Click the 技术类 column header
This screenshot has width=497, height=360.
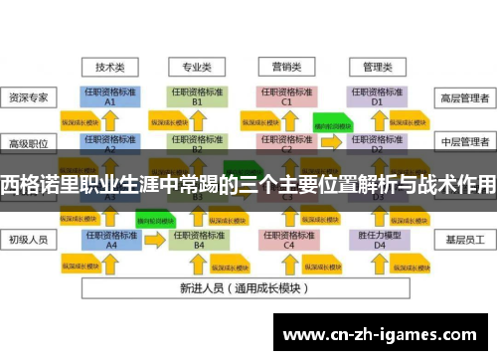click(109, 68)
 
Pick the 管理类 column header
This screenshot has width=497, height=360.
click(377, 68)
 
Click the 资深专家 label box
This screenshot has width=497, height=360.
click(30, 97)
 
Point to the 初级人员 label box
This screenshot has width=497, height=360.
click(30, 240)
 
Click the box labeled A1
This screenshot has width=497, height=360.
click(109, 96)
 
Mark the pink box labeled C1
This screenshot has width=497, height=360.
click(287, 96)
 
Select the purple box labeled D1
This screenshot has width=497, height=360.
click(377, 96)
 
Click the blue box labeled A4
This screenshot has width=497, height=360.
click(109, 240)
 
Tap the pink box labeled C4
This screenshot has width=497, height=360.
click(287, 240)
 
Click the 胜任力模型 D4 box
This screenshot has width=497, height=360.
click(377, 240)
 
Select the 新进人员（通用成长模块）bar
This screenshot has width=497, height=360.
click(244, 287)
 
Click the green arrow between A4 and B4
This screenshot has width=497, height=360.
click(154, 216)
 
